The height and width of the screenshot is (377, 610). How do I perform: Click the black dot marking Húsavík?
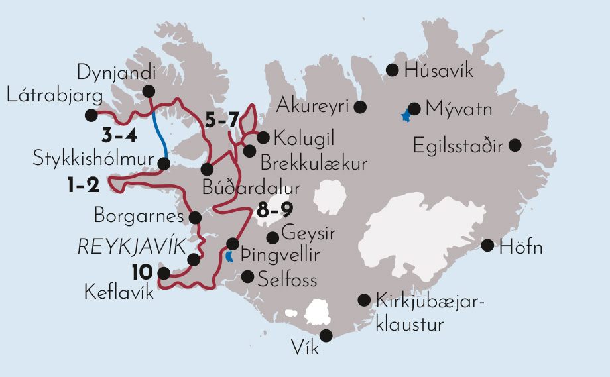click(392, 70)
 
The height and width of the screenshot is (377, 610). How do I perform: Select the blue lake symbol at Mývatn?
click(405, 116)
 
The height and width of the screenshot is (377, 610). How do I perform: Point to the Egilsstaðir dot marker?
click(515, 144)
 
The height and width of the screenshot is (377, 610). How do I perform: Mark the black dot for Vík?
click(326, 335)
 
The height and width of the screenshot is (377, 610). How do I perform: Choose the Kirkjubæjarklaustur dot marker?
click(363, 299)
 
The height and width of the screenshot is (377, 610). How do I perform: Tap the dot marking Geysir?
click(272, 237)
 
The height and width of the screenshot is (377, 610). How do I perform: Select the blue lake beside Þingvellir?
click(229, 257)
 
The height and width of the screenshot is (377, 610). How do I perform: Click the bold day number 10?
click(142, 272)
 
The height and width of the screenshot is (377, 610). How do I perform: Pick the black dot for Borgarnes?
click(195, 217)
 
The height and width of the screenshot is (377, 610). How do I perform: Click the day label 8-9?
click(275, 213)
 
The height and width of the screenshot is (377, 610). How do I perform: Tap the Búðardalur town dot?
click(207, 168)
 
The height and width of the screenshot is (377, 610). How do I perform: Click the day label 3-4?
click(119, 137)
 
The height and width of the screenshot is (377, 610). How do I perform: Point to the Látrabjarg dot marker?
click(91, 115)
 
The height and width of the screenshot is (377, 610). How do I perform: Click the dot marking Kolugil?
click(263, 137)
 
